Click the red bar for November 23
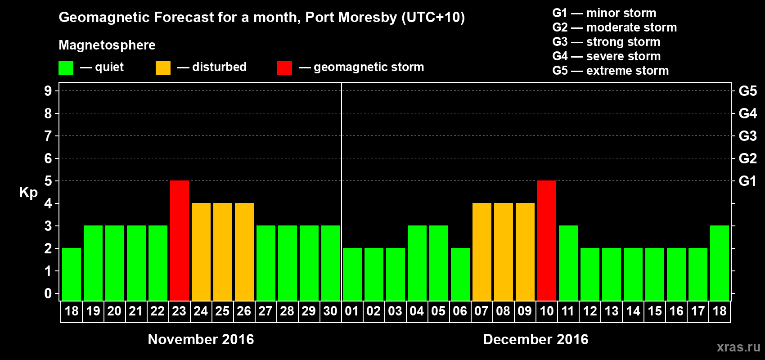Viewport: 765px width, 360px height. [x=180, y=240]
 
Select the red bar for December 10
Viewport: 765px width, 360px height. [x=547, y=240]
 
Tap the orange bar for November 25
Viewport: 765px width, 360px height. [x=223, y=252]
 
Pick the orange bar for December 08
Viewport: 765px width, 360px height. [x=504, y=252]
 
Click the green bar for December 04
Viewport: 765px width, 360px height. [x=417, y=263]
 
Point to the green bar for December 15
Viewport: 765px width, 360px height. [x=655, y=274]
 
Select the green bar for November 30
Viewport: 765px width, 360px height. [x=331, y=263]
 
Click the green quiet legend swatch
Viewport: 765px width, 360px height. [x=66, y=68]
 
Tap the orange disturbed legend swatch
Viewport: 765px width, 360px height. [x=163, y=68]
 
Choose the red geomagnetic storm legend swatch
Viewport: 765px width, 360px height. [x=284, y=68]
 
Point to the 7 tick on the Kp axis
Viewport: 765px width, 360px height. [x=48, y=136]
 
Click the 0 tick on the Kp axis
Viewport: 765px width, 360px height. [x=48, y=293]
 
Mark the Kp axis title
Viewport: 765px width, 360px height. [x=28, y=192]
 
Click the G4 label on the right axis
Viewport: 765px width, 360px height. [x=747, y=113]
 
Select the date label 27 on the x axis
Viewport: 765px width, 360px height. [x=265, y=311]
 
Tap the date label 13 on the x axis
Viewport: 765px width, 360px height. [x=611, y=311]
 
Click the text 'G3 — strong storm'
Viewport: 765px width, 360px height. [x=606, y=42]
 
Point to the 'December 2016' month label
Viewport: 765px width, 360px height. [x=535, y=339]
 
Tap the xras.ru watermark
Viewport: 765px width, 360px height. [x=738, y=347]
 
